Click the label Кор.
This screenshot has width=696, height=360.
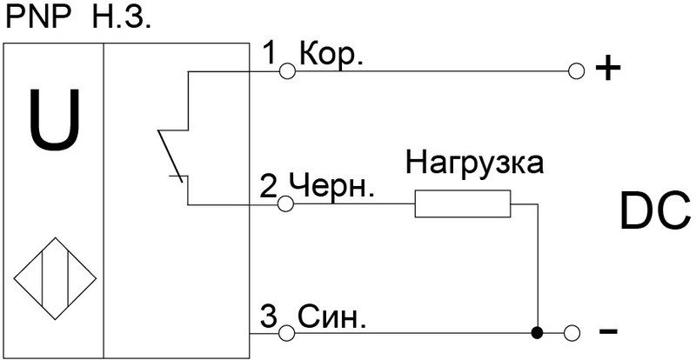[331, 55]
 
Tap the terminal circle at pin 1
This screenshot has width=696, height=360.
[285, 72]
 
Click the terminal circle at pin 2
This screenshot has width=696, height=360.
[285, 204]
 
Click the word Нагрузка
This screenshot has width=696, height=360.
[476, 163]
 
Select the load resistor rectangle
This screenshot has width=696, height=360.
[461, 204]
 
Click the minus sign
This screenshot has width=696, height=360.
[608, 332]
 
